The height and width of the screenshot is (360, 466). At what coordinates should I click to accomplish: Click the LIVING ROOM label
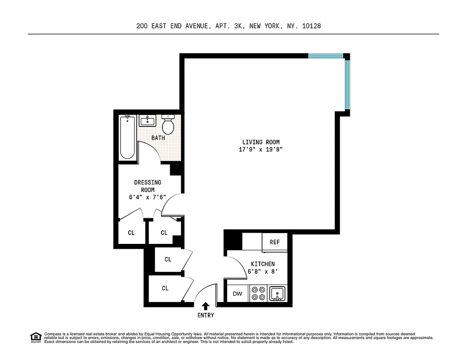[260, 142]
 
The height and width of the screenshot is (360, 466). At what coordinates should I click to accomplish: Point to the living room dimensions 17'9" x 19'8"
[260, 150]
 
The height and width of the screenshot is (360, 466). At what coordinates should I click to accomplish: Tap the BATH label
[158, 138]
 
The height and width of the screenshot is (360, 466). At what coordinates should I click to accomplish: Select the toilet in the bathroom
[168, 125]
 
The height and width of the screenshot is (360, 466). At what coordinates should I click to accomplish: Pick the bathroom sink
[147, 121]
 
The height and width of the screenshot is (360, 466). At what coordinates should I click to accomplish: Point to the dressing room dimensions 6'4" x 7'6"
[148, 197]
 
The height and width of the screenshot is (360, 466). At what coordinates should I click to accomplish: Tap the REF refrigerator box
[275, 242]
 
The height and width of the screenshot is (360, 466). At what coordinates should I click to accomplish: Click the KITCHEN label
[263, 264]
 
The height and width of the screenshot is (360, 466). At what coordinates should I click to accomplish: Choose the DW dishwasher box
[237, 294]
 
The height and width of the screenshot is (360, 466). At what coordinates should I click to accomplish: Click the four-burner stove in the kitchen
[258, 293]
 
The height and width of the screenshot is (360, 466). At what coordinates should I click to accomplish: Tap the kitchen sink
[278, 293]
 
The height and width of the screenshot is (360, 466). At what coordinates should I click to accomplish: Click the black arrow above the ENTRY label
[206, 306]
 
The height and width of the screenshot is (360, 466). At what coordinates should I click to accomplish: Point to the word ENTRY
[206, 315]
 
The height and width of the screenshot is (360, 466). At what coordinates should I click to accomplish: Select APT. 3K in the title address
[233, 26]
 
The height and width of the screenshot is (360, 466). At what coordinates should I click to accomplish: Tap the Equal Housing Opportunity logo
[36, 337]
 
